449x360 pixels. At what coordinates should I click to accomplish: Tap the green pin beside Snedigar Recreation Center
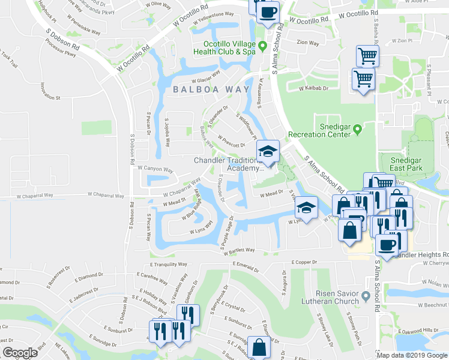[357, 128]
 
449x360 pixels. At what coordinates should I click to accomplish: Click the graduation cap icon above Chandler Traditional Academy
[268, 151]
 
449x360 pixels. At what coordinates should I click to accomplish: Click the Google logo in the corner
[20, 353]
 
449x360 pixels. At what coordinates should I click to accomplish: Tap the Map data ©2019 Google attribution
[412, 355]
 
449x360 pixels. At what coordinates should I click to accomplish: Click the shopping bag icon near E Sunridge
[259, 347]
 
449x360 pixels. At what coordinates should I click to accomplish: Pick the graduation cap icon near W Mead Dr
[306, 208]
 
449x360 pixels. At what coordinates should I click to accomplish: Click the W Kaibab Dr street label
[315, 88]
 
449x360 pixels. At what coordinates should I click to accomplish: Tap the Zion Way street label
[308, 43]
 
